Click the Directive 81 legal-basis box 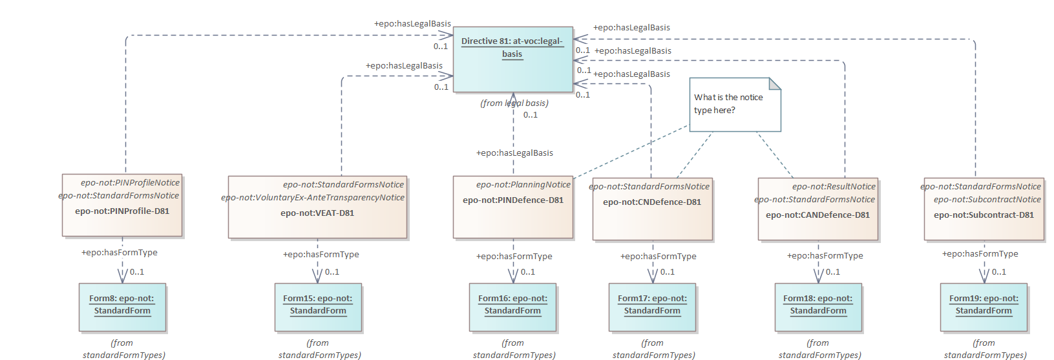512,59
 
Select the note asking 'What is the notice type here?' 735,104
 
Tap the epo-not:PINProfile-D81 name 122,211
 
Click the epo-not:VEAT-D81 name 317,213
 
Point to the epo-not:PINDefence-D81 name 513,200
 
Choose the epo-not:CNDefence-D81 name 652,202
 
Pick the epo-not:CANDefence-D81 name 817,215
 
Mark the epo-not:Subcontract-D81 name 984,215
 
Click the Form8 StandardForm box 122,307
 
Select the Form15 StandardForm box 318,307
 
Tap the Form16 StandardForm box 512,307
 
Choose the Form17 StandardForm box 652,307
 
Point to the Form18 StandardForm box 818,307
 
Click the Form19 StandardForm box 984,307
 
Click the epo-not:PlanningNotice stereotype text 523,185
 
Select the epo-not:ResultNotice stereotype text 834,187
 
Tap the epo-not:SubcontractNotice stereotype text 987,200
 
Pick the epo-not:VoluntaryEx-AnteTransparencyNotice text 313,198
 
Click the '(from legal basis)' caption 514,103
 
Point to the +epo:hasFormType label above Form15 321,255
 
